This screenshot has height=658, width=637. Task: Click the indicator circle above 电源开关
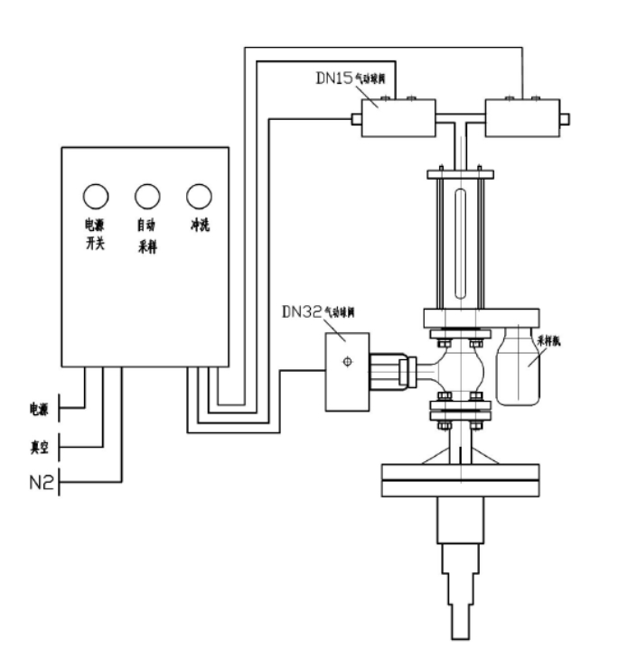click(x=96, y=194)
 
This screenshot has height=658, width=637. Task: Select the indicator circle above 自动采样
click(x=147, y=194)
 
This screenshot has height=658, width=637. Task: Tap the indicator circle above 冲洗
click(x=199, y=194)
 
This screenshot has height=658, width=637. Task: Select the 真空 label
click(x=39, y=444)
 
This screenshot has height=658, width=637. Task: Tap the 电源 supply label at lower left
click(x=39, y=410)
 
